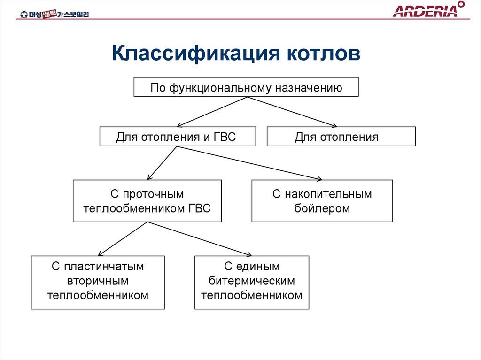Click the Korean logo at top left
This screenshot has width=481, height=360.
pyautogui.click(x=54, y=14)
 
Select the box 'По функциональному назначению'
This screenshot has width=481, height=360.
pyautogui.click(x=246, y=87)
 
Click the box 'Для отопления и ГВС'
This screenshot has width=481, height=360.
pyautogui.click(x=178, y=137)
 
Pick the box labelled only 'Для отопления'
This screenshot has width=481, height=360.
pyautogui.click(x=341, y=137)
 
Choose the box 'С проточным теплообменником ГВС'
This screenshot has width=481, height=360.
pyautogui.click(x=147, y=201)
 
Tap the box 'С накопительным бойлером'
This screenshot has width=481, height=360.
pyautogui.click(x=322, y=201)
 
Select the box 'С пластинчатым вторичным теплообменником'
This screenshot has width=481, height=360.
pyautogui.click(x=98, y=282)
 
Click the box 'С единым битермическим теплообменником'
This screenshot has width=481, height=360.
pyautogui.click(x=252, y=282)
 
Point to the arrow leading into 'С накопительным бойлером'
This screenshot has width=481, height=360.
pyautogui.click(x=249, y=162)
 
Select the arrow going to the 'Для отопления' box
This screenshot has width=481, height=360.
pyautogui.click(x=291, y=112)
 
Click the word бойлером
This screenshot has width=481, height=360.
pyautogui.click(x=322, y=208)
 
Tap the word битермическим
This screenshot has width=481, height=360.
pyautogui.click(x=252, y=281)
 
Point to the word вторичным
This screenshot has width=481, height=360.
pyautogui.click(x=98, y=281)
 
